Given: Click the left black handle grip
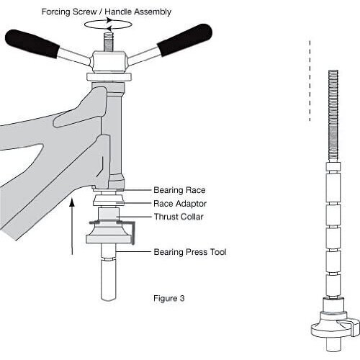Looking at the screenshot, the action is coord(32,43).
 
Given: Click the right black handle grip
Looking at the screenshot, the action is coord(184,40).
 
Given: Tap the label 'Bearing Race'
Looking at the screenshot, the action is coord(179,190).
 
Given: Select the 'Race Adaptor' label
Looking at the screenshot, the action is coord(180,204).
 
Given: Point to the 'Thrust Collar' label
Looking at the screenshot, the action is coord(179,217).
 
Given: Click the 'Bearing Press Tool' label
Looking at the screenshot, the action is coord(190,252).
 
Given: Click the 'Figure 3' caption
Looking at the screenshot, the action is coord(169,298).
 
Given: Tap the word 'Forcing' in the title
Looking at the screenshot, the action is coord(55,12).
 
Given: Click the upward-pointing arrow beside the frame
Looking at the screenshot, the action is coord(72,226).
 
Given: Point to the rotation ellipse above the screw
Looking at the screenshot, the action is coord(108,24).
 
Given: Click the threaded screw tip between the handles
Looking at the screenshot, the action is coord(109,42).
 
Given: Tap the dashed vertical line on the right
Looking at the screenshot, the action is coord(310,81).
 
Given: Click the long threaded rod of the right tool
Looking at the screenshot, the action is coord(333,116).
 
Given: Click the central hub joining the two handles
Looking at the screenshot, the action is coord(108,61).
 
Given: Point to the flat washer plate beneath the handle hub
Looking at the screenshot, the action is coord(109,77).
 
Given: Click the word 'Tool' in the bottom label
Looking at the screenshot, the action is coord(218,252).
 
